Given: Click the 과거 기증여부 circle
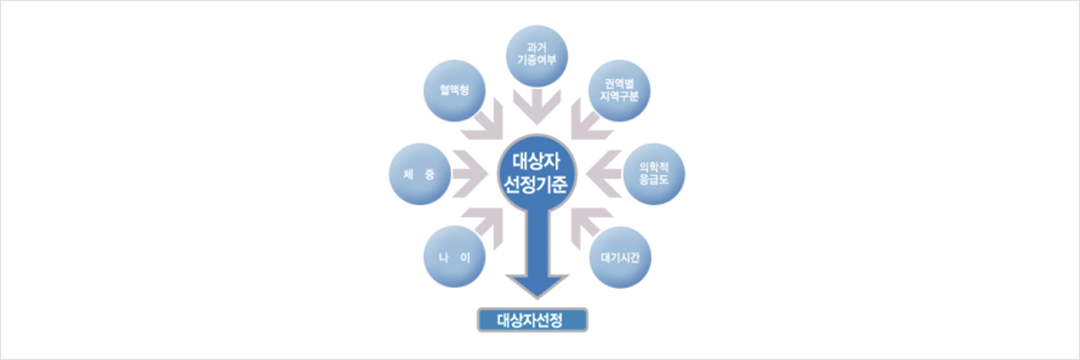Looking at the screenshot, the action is (536, 56).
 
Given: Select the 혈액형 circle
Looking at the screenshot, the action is (454, 91).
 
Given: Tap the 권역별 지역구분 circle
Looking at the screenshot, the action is (619, 91).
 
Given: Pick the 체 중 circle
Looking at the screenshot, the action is (419, 174).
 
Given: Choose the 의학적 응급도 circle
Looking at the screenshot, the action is (653, 174).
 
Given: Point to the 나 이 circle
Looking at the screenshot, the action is (454, 256).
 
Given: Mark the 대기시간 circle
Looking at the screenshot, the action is (620, 257).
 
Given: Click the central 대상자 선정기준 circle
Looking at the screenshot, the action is (537, 174).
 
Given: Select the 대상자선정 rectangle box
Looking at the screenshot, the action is (532, 320).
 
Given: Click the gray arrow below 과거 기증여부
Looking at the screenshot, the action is (536, 106).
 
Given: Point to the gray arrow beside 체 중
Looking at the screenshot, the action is (470, 174).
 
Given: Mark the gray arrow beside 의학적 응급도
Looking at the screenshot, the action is (604, 174).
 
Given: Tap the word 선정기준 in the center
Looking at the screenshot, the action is (535, 184).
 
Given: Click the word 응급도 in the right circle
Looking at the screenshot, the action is (653, 180).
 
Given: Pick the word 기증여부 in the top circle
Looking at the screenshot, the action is (536, 60).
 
